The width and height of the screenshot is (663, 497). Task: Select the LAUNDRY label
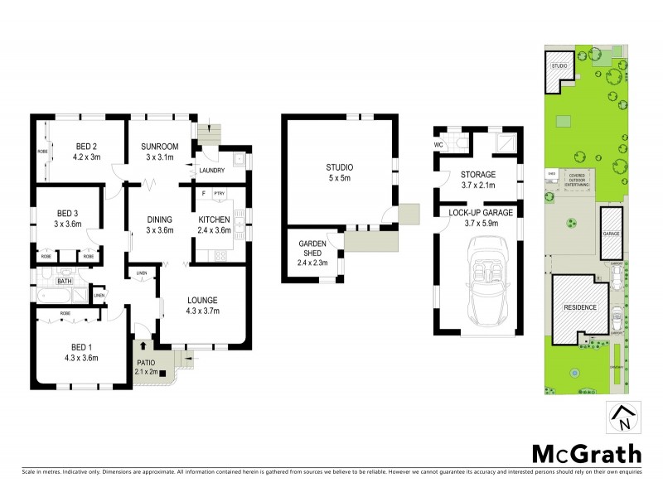(213, 171)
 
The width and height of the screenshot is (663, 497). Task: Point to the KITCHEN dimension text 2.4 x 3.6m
(215, 230)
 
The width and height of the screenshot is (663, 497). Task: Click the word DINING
(159, 219)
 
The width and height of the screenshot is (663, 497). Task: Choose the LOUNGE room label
(202, 300)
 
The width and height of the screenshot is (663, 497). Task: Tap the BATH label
(65, 282)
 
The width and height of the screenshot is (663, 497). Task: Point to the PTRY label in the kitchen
(219, 194)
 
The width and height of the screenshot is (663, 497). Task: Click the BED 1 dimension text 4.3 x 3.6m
(80, 358)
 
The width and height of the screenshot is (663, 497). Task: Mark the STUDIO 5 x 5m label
(340, 175)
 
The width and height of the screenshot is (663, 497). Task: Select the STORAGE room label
(478, 175)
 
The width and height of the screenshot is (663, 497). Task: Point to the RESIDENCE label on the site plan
(580, 307)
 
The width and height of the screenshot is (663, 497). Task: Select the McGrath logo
(586, 453)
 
